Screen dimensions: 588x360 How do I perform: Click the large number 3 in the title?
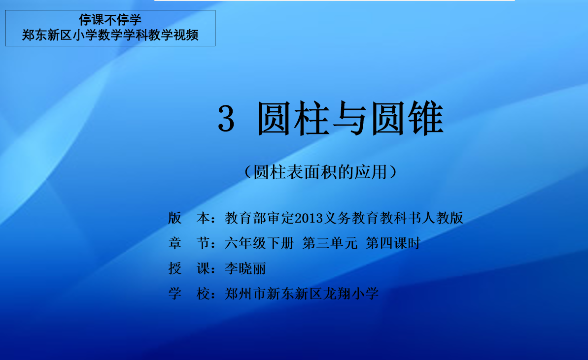pos(226,118)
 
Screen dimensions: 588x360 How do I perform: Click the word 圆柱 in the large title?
pos(293,118)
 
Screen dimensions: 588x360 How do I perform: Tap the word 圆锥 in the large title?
pos(408,118)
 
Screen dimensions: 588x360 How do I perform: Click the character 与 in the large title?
pos(350,119)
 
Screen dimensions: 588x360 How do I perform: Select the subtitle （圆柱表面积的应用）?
pos(320,172)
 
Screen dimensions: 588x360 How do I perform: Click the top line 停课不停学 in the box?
pos(110,20)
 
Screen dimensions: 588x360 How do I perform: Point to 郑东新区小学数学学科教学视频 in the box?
pos(110,35)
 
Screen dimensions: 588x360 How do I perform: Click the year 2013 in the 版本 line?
pos(309,218)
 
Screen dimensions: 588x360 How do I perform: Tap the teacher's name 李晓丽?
pos(245,268)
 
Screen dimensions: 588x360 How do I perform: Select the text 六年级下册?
pos(259,243)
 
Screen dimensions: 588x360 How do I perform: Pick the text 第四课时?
pos(393,243)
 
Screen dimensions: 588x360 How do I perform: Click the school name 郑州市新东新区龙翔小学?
pos(302,294)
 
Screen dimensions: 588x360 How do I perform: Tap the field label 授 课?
pos(189,268)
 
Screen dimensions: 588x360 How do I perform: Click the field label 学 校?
pos(189,294)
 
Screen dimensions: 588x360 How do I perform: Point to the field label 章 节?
pos(189,243)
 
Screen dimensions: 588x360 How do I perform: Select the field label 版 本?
pos(189,218)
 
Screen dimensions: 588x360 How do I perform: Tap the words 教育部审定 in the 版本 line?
pos(260,218)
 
